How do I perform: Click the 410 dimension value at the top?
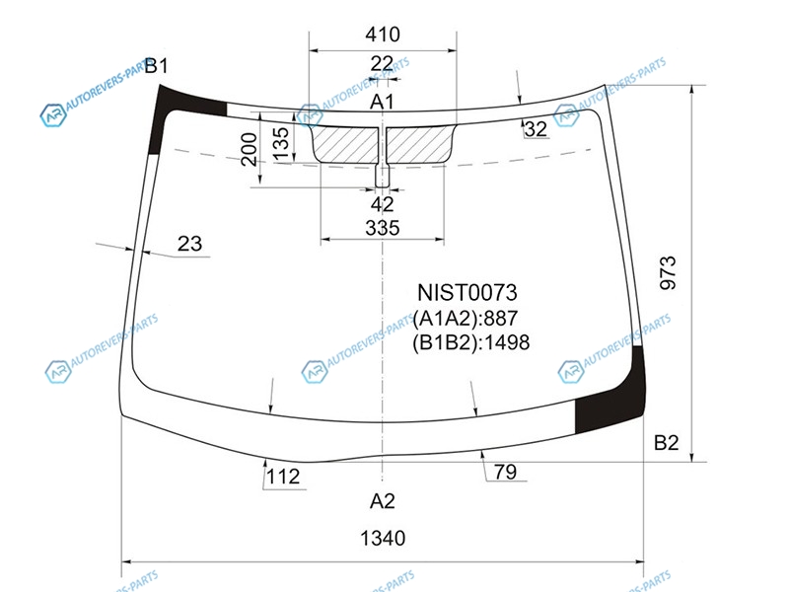(x=383, y=35)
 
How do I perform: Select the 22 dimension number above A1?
(x=382, y=64)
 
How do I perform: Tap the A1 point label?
(x=382, y=102)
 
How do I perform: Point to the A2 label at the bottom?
(x=382, y=501)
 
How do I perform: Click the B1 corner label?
(x=156, y=65)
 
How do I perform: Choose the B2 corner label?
(x=667, y=442)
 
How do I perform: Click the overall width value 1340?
(x=383, y=538)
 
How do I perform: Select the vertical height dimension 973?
(x=669, y=273)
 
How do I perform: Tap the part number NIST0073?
(x=467, y=292)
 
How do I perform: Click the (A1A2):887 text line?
(x=466, y=318)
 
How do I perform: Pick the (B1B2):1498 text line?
(x=471, y=342)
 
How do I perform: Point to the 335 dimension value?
(x=383, y=228)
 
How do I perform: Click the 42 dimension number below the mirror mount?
(x=382, y=205)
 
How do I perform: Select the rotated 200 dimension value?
(x=250, y=149)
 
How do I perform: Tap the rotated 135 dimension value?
(x=281, y=143)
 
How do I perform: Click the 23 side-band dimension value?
(x=189, y=244)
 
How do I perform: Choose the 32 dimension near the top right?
(x=536, y=129)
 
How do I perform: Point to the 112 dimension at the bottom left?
(x=283, y=477)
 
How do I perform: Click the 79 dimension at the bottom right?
(x=505, y=472)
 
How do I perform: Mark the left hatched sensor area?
(x=346, y=144)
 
